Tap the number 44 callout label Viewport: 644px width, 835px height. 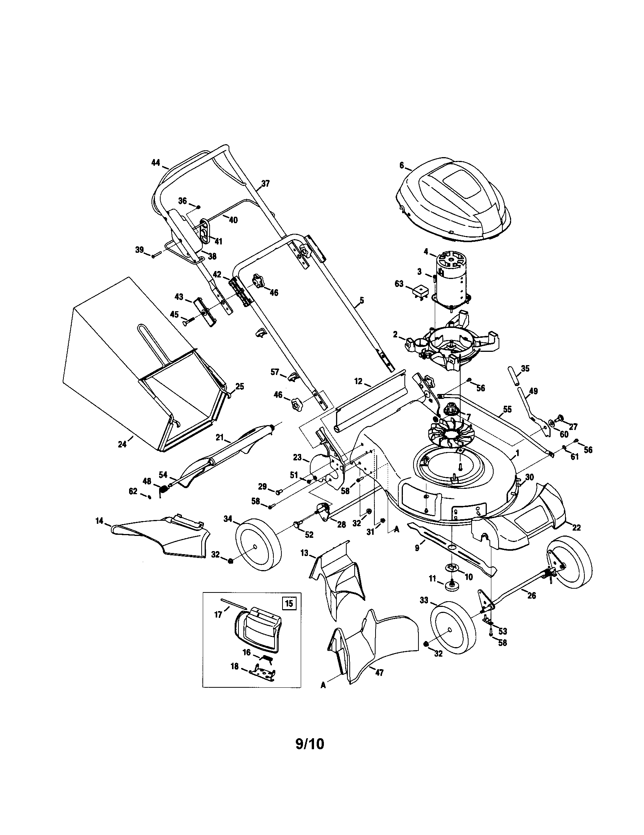pos(155,162)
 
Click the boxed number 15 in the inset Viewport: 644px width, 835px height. pos(289,603)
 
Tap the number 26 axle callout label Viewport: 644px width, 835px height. pos(531,595)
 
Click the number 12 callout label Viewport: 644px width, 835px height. pos(358,381)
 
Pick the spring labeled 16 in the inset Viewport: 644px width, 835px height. pos(267,658)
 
